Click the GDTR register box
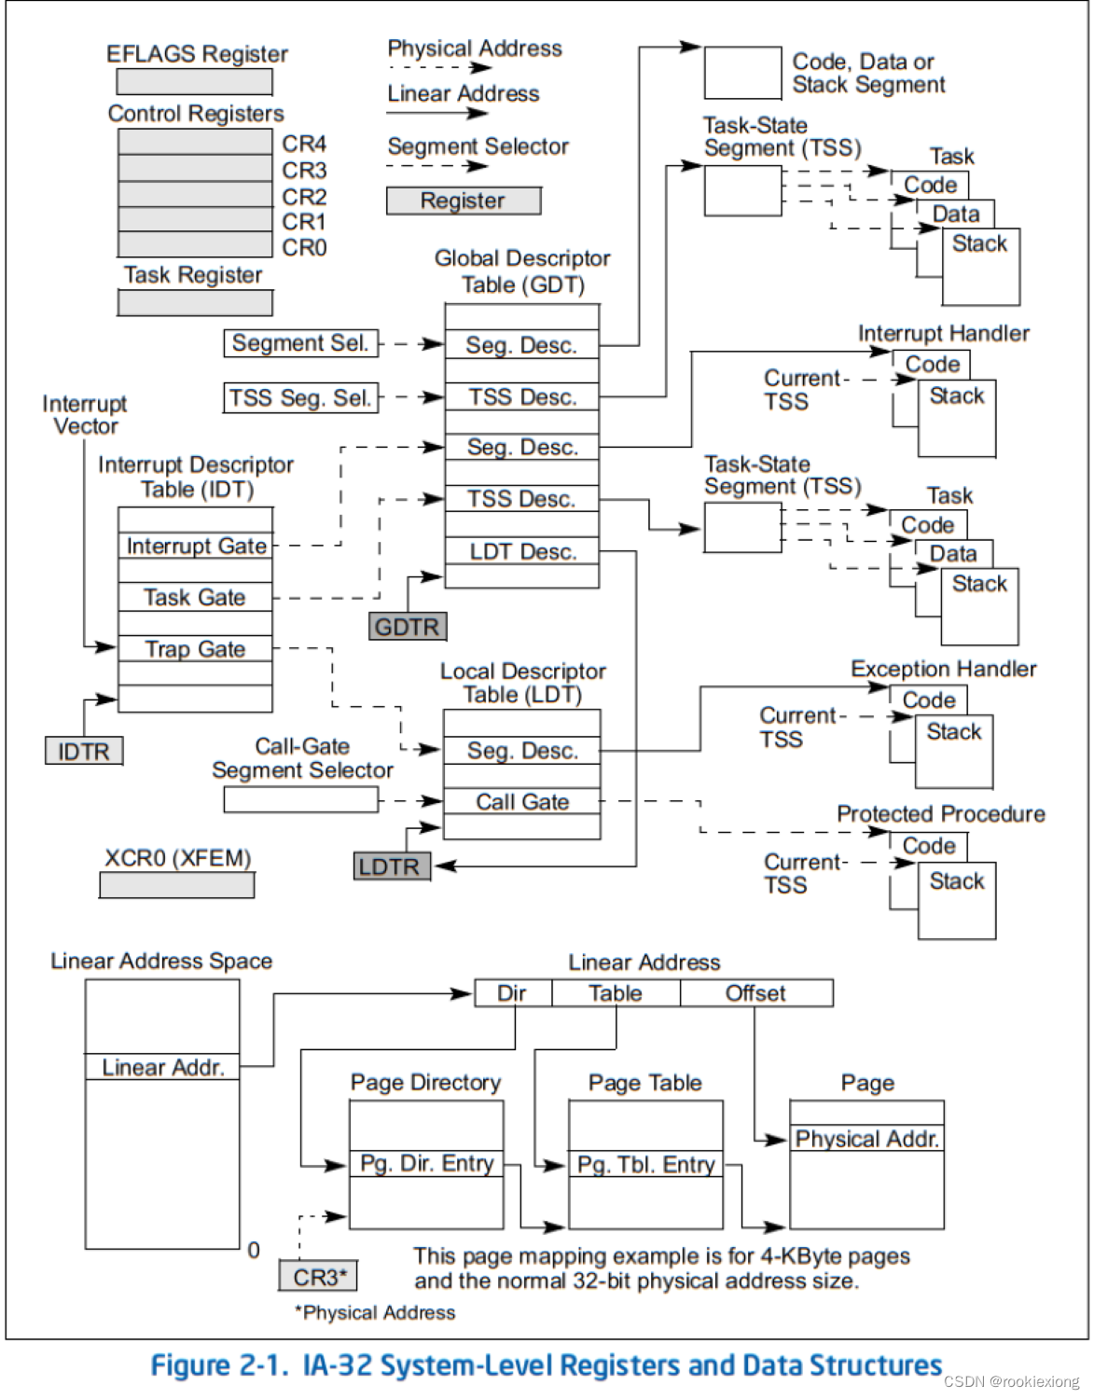pyautogui.click(x=408, y=627)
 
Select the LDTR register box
pyautogui.click(x=391, y=866)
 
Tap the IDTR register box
pyautogui.click(x=84, y=751)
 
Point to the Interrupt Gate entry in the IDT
pyautogui.click(x=196, y=546)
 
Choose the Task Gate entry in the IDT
pyautogui.click(x=196, y=597)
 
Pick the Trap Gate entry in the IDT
pyautogui.click(x=196, y=648)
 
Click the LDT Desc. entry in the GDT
pyautogui.click(x=522, y=551)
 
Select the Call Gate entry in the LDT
pyautogui.click(x=522, y=802)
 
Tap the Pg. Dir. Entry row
pyautogui.click(x=426, y=1164)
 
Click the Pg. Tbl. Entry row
pyautogui.click(x=645, y=1164)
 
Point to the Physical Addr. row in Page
pyautogui.click(x=866, y=1139)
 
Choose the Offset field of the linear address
pyautogui.click(x=755, y=993)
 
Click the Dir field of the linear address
pyautogui.click(x=512, y=993)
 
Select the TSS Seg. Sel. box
pyautogui.click(x=300, y=398)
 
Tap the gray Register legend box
pyautogui.click(x=464, y=201)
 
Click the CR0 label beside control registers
pyautogui.click(x=305, y=248)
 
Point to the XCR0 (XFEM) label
pyautogui.click(x=177, y=858)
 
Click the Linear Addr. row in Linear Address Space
pyautogui.click(x=163, y=1067)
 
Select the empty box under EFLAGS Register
pyautogui.click(x=195, y=82)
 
